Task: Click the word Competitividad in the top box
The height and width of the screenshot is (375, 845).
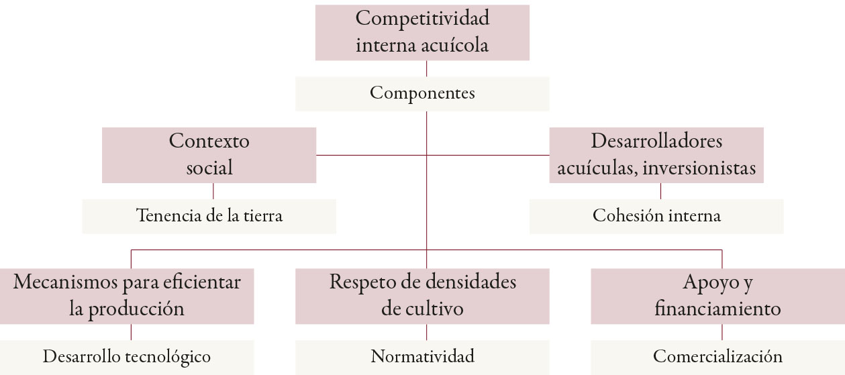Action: click(422, 19)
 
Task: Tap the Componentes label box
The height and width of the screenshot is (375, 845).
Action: click(422, 93)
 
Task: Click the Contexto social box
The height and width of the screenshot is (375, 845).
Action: click(209, 154)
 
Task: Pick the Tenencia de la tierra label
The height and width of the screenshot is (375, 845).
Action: click(209, 216)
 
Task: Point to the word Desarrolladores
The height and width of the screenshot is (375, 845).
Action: click(656, 142)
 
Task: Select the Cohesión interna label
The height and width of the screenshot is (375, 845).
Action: click(656, 216)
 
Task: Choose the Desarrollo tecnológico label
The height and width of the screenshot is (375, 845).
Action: click(127, 356)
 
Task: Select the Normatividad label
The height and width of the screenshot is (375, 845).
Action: click(422, 356)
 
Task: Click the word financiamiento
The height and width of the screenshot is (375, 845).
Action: click(717, 309)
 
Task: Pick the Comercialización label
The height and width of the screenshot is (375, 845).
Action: click(717, 356)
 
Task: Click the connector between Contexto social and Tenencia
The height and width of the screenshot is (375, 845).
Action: click(213, 191)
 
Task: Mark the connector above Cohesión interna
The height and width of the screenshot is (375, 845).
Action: click(661, 191)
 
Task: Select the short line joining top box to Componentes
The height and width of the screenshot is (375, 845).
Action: click(427, 68)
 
